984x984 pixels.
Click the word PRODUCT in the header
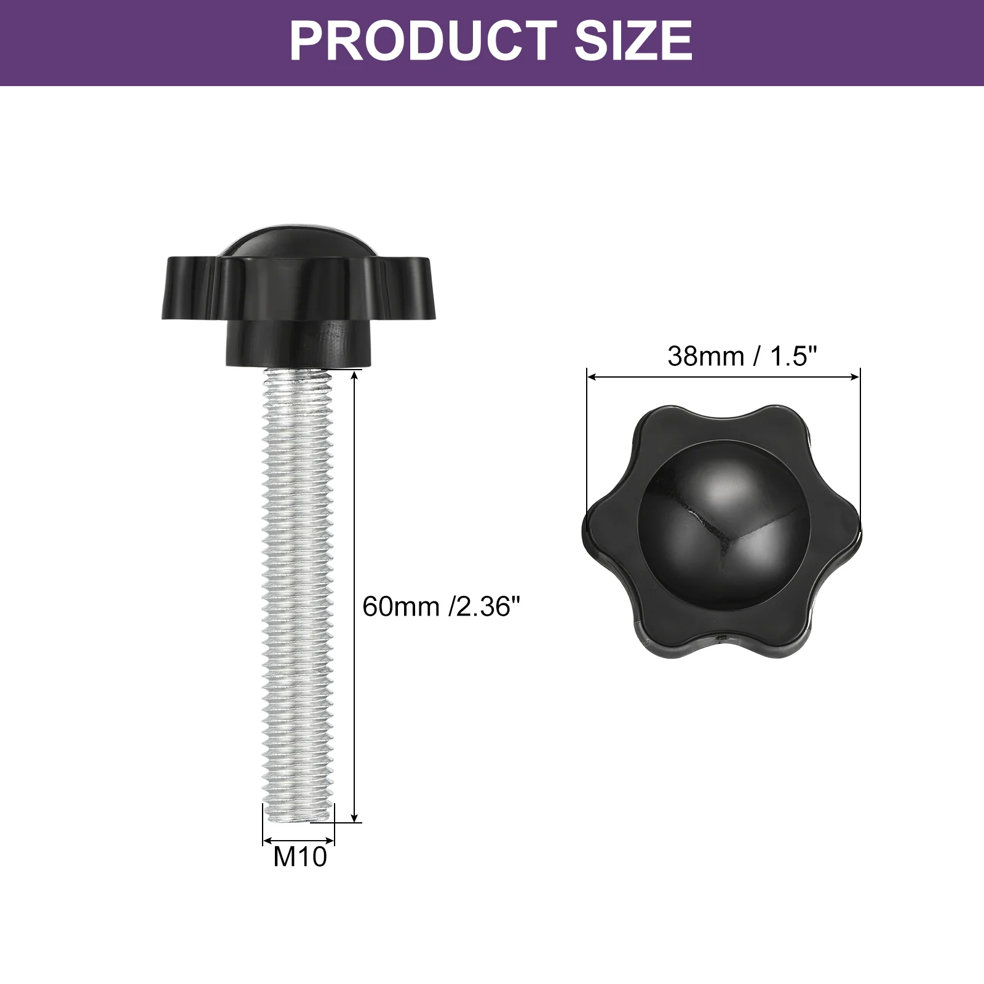pyautogui.click(x=424, y=41)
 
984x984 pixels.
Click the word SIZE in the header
pyautogui.click(x=634, y=41)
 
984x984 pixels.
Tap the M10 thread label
pyautogui.click(x=300, y=856)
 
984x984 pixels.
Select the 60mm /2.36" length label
pyautogui.click(x=442, y=606)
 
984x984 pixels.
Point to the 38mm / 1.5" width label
pyautogui.click(x=742, y=356)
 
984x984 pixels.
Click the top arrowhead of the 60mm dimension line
pyautogui.click(x=355, y=376)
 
